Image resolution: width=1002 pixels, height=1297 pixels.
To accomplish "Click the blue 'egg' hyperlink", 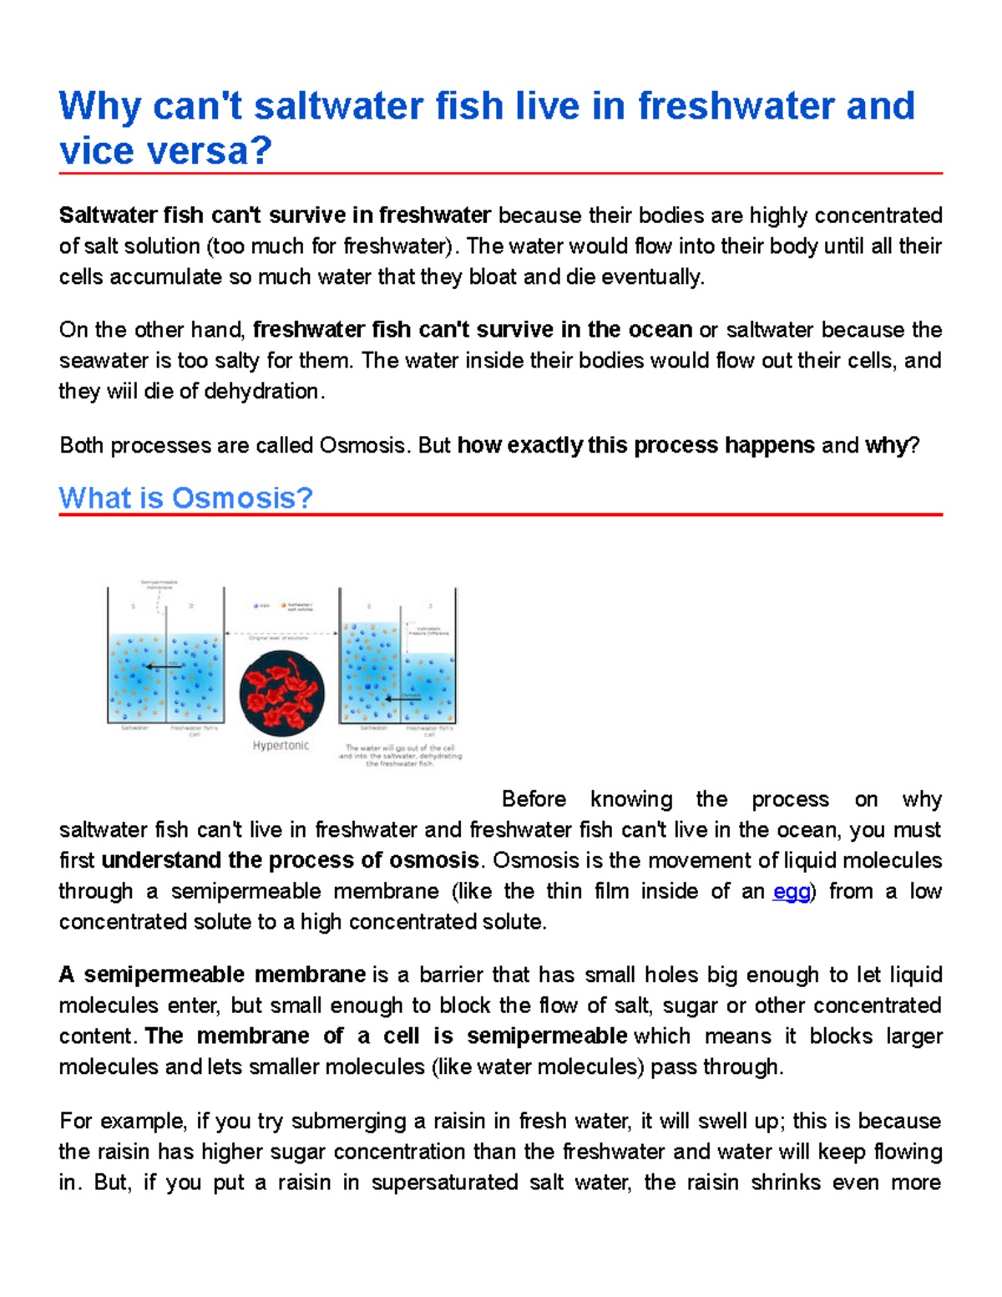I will [792, 892].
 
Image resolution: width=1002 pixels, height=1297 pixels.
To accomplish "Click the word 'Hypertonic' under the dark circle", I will [281, 746].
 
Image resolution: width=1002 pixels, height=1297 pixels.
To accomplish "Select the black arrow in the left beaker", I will [163, 666].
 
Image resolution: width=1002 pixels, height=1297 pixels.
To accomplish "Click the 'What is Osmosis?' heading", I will [185, 498].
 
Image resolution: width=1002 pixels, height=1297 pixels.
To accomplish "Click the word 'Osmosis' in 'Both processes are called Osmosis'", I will [363, 445].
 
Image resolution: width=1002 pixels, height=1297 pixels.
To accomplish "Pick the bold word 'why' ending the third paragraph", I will [885, 445].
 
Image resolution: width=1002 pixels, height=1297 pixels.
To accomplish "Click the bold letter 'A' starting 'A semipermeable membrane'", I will [67, 975].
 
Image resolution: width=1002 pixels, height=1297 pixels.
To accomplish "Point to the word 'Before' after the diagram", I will [534, 799].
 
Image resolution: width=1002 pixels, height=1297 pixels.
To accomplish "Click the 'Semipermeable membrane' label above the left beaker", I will [159, 584].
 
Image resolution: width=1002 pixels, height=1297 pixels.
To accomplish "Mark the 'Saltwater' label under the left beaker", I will [134, 728].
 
